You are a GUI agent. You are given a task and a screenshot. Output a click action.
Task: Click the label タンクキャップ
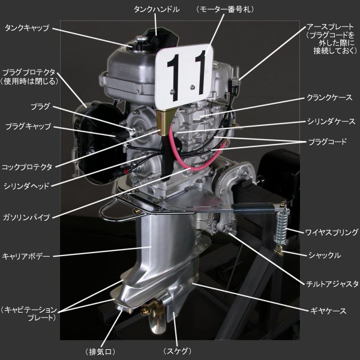click(27, 28)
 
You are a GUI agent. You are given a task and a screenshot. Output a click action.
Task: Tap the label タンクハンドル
click(157, 10)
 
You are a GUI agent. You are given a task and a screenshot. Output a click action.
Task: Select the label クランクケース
click(329, 98)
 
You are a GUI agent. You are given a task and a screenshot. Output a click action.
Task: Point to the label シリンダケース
click(331, 121)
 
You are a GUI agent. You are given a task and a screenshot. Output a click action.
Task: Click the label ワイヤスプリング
click(332, 232)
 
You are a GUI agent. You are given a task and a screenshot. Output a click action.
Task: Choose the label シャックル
click(325, 255)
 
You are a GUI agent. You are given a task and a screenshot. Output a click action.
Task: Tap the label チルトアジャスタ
click(332, 284)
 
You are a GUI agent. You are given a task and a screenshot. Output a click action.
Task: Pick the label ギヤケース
click(328, 311)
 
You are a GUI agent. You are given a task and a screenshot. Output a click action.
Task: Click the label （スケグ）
click(177, 351)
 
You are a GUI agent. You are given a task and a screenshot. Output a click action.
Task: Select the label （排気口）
click(100, 352)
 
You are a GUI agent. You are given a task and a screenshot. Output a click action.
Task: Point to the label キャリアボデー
click(26, 256)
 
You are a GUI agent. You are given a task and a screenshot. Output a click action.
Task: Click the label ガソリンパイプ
click(26, 217)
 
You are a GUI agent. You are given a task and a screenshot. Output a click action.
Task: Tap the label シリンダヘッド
click(26, 186)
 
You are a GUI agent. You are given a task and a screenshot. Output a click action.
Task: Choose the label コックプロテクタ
click(27, 167)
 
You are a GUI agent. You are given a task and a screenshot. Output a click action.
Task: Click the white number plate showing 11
click(184, 77)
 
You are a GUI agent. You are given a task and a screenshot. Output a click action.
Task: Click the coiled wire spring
click(282, 227)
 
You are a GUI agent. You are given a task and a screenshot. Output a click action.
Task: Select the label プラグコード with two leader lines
click(327, 142)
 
